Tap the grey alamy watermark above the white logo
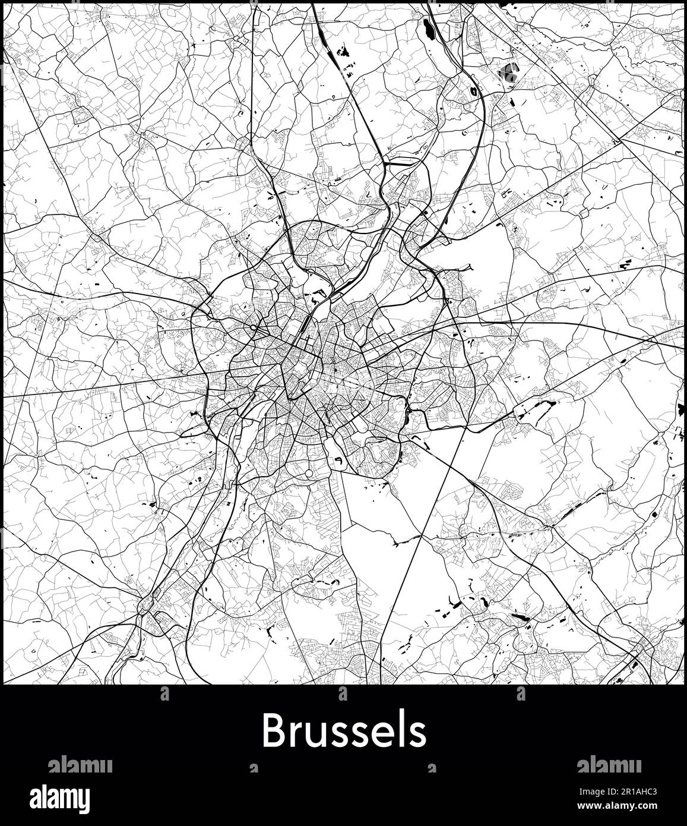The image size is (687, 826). point(80,765)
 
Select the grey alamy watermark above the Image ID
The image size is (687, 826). point(609,765)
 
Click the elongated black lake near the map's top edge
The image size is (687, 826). point(428,29)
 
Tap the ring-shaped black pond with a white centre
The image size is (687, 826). point(474,92)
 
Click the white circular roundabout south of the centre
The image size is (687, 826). point(309,473)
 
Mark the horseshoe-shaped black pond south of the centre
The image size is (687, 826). point(337,460)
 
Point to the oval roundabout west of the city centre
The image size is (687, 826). point(254,327)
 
